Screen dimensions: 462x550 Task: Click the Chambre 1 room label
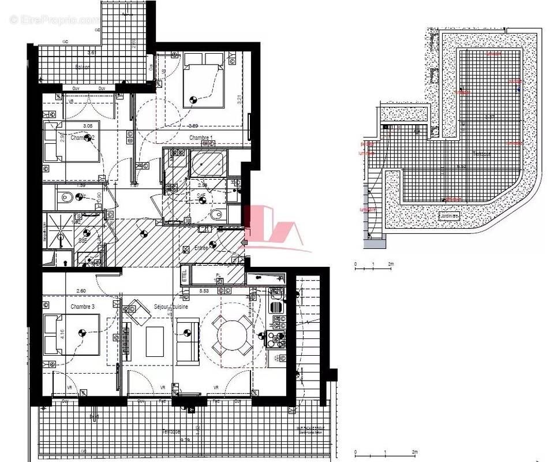click(x=201, y=137)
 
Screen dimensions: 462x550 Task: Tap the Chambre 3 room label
click(x=83, y=306)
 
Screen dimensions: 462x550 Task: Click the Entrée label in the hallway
click(x=201, y=248)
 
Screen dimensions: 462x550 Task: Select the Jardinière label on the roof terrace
click(x=448, y=216)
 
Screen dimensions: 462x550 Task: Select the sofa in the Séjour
click(x=188, y=341)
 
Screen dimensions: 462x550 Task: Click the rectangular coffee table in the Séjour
click(x=155, y=341)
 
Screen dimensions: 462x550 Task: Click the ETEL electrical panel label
click(x=185, y=275)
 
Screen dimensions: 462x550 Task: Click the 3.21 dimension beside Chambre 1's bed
click(x=238, y=98)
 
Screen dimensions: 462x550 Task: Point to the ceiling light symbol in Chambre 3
click(x=83, y=333)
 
